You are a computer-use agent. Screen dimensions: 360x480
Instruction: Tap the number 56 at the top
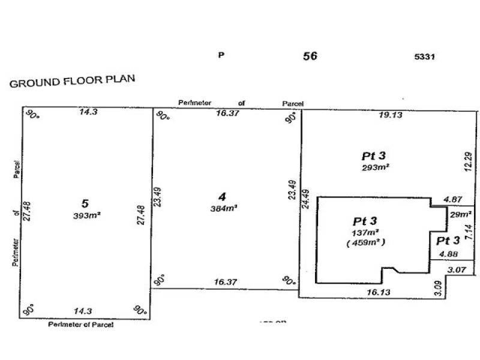point(310,56)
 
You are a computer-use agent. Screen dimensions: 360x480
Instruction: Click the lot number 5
point(85,203)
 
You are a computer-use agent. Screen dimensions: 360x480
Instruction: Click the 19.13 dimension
point(391,115)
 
